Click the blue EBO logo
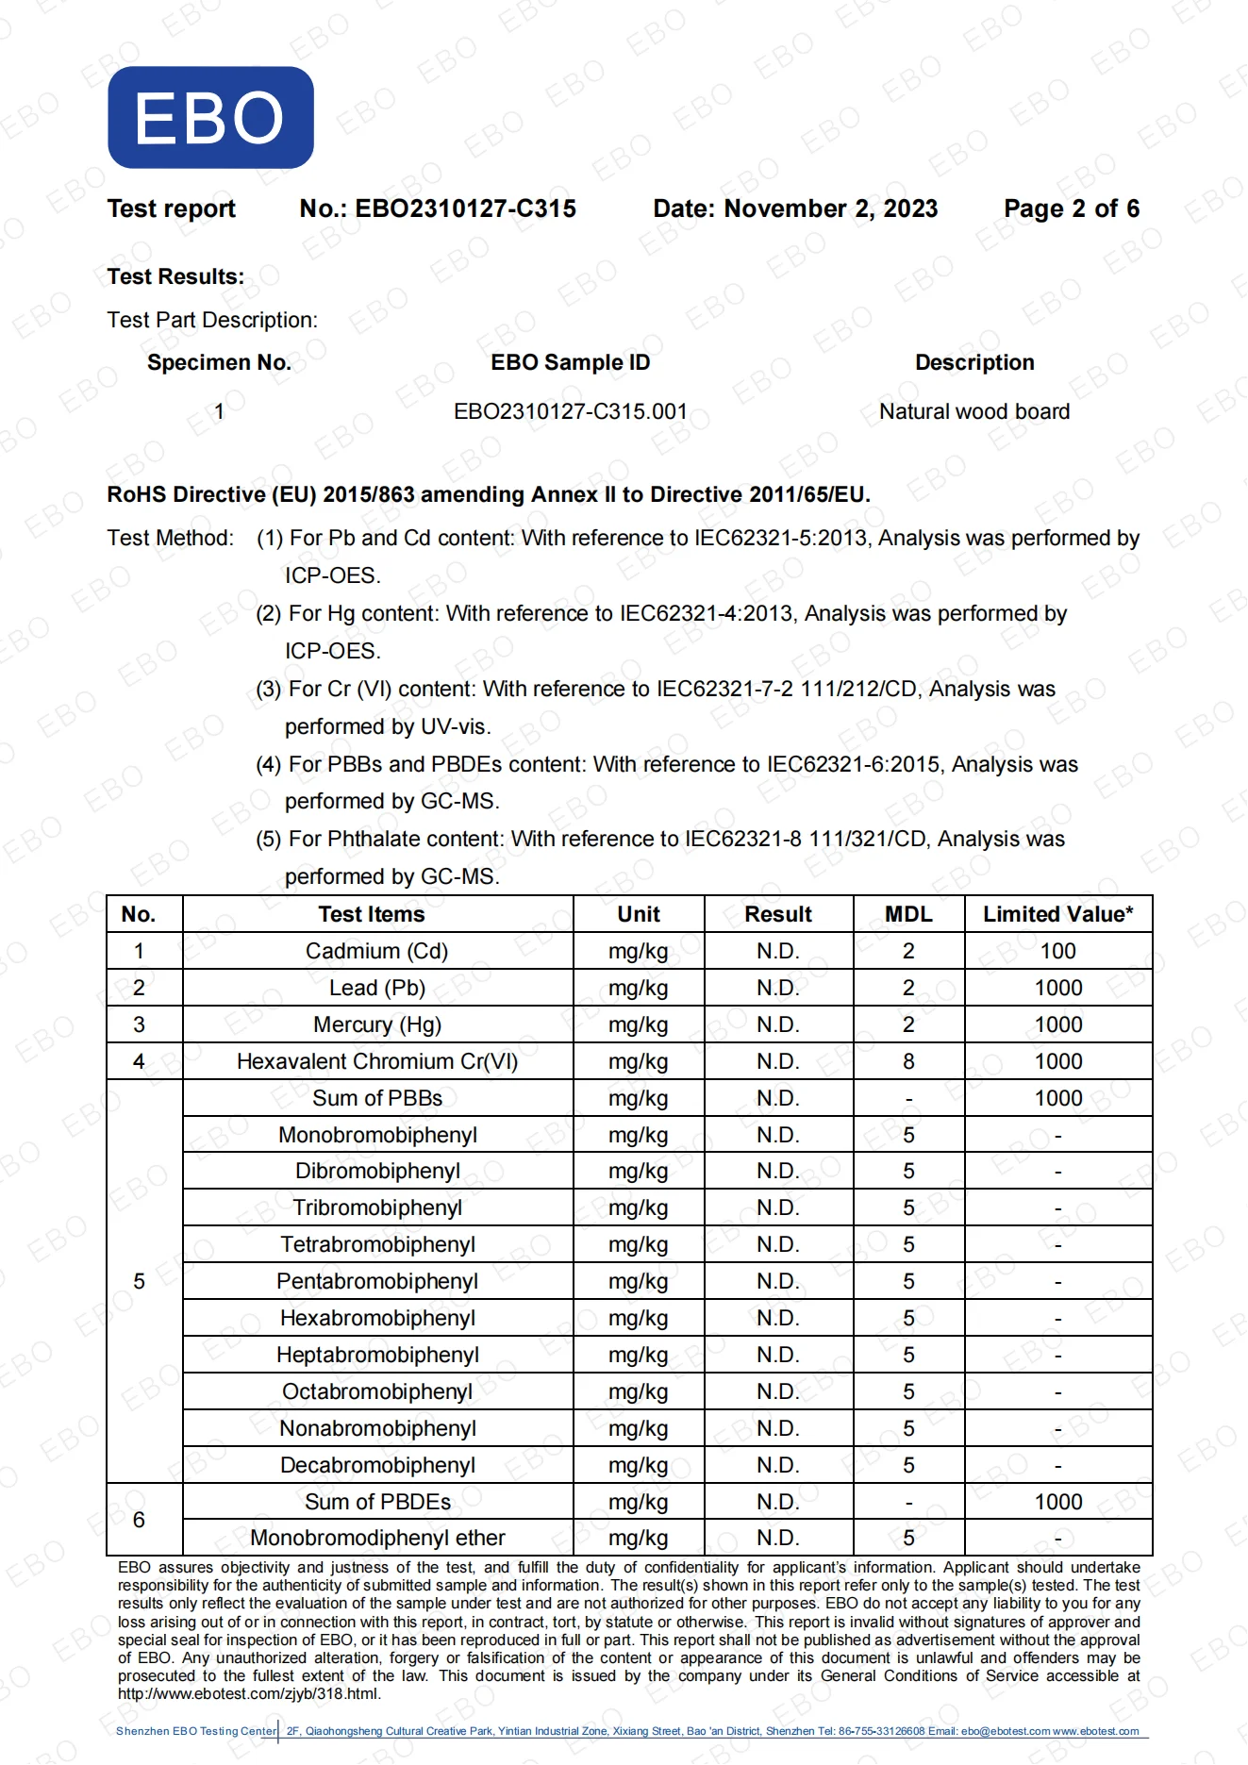pyautogui.click(x=210, y=118)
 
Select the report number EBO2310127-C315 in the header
pyautogui.click(x=465, y=208)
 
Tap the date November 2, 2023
pyautogui.click(x=830, y=208)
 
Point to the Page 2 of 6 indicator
pyautogui.click(x=1071, y=208)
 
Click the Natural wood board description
pyautogui.click(x=973, y=411)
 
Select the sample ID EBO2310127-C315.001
pyautogui.click(x=570, y=411)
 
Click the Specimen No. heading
pyautogui.click(x=219, y=362)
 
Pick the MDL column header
pyautogui.click(x=907, y=914)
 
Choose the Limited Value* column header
pyautogui.click(x=1057, y=914)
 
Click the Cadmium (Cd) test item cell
pyautogui.click(x=376, y=951)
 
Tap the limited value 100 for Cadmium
pyautogui.click(x=1057, y=951)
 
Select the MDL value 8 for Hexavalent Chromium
pyautogui.click(x=908, y=1061)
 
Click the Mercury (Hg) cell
pyautogui.click(x=376, y=1024)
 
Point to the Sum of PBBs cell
pyautogui.click(x=376, y=1098)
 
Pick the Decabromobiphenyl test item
pyautogui.click(x=376, y=1465)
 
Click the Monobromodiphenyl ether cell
pyautogui.click(x=376, y=1538)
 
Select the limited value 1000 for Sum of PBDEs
pyautogui.click(x=1057, y=1502)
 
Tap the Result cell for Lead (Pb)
pyautogui.click(x=777, y=988)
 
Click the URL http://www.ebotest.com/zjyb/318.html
pyautogui.click(x=249, y=1693)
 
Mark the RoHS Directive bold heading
pyautogui.click(x=488, y=494)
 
